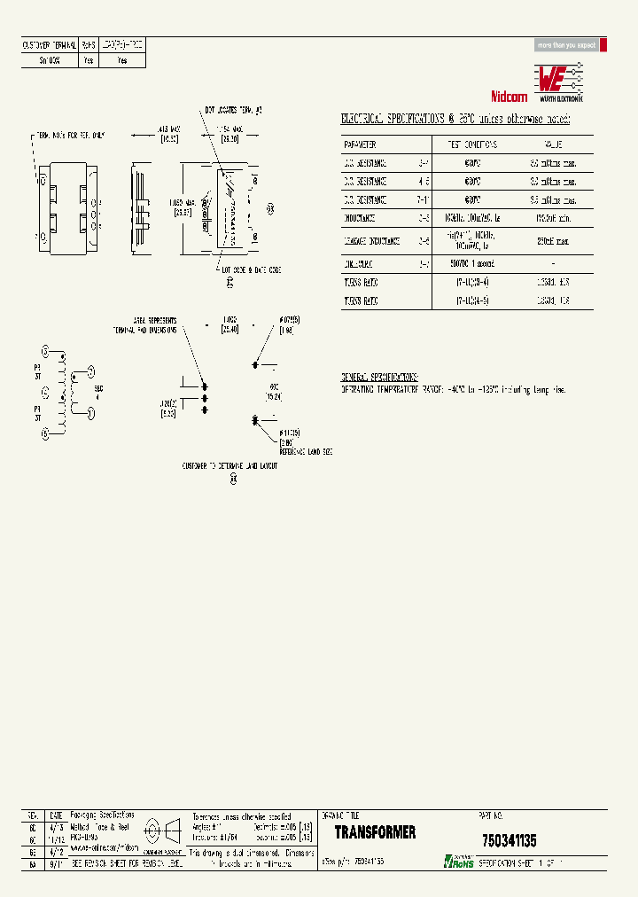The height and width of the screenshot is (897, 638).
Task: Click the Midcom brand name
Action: (508, 95)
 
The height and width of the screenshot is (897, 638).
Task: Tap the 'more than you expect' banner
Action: (567, 45)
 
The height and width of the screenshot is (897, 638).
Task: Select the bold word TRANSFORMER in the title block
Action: (375, 833)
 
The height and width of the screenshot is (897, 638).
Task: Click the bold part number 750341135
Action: (509, 840)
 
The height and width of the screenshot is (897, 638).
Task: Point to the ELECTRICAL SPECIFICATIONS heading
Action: (455, 119)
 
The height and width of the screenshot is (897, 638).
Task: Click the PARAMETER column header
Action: (361, 144)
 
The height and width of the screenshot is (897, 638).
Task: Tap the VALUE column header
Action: (554, 144)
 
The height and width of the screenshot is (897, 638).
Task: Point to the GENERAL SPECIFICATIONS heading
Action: (380, 377)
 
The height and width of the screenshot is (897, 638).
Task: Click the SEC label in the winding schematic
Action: (98, 389)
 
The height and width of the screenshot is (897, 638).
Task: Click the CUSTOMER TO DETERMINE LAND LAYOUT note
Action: (230, 464)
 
